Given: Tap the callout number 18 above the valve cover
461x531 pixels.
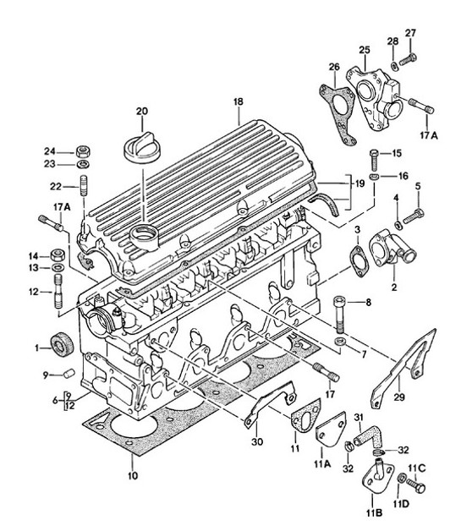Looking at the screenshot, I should [x=239, y=101].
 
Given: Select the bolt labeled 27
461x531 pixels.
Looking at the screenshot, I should [x=407, y=57].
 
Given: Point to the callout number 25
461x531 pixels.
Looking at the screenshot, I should [x=365, y=50].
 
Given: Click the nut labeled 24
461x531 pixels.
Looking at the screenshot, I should [x=83, y=151].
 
